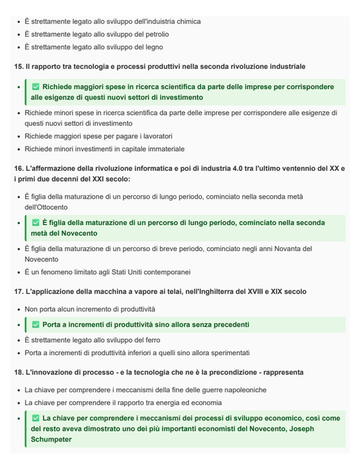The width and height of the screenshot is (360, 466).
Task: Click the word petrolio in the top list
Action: [x=155, y=34]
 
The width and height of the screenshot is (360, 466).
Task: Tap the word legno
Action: [x=153, y=47]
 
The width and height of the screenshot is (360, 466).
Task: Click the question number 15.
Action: [x=18, y=67]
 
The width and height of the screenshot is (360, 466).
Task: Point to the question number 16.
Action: [x=18, y=168]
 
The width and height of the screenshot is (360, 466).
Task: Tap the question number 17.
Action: [x=18, y=292]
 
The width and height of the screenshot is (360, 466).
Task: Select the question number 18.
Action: [x=18, y=372]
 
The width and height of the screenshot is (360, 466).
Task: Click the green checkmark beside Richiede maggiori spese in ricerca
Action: [x=36, y=87]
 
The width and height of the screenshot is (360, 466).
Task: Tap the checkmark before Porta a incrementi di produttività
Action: [x=36, y=325]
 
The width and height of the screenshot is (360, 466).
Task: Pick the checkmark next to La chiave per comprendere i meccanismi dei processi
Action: [x=36, y=418]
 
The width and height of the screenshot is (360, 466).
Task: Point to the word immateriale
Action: [x=161, y=149]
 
